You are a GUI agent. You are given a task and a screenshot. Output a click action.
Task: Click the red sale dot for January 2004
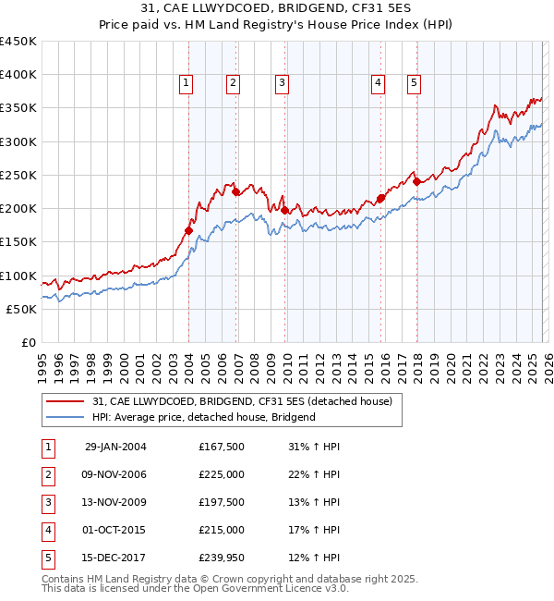(188, 231)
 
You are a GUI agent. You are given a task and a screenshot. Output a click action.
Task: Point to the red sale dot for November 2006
(235, 192)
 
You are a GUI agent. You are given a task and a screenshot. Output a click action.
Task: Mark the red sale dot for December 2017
(416, 182)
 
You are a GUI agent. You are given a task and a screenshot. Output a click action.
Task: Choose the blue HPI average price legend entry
(204, 417)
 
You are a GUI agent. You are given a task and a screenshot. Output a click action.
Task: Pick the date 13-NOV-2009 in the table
(114, 502)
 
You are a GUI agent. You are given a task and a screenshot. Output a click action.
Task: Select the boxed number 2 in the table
(46, 474)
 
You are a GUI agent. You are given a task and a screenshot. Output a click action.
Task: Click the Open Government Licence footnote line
(182, 588)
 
